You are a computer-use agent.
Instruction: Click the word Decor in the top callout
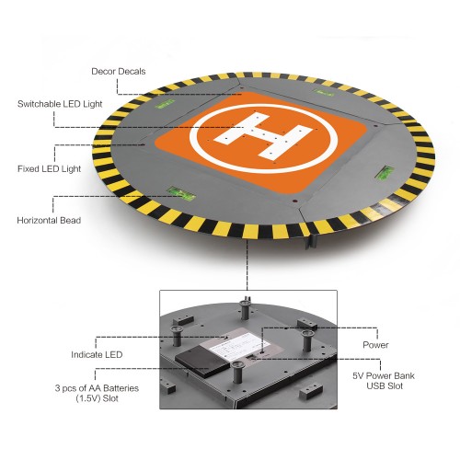pyautogui.click(x=104, y=72)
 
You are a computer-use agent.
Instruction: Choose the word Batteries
pyautogui.click(x=121, y=388)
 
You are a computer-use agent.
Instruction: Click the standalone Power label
pyautogui.click(x=375, y=345)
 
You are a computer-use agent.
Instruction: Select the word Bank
pyautogui.click(x=404, y=375)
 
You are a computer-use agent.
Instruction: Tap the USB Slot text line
pyautogui.click(x=385, y=385)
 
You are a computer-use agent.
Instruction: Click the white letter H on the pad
pyautogui.click(x=263, y=135)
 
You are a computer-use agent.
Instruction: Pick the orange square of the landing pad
pyautogui.click(x=260, y=142)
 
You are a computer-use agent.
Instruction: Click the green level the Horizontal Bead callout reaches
pyautogui.click(x=182, y=193)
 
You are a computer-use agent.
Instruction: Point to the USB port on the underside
pyautogui.click(x=250, y=356)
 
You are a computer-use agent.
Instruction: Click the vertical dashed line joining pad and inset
pyautogui.click(x=247, y=265)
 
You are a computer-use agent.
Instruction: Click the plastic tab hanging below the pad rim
pyautogui.click(x=311, y=240)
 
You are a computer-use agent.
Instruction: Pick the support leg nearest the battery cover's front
pyautogui.click(x=236, y=372)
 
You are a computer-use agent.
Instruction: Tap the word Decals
pyautogui.click(x=132, y=72)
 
